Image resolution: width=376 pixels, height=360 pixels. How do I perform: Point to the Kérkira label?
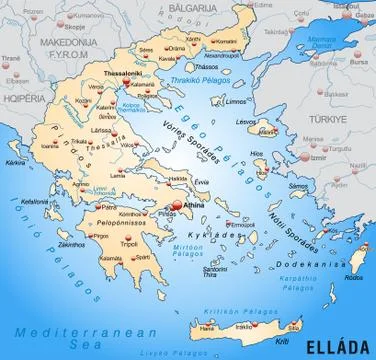[18, 161]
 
